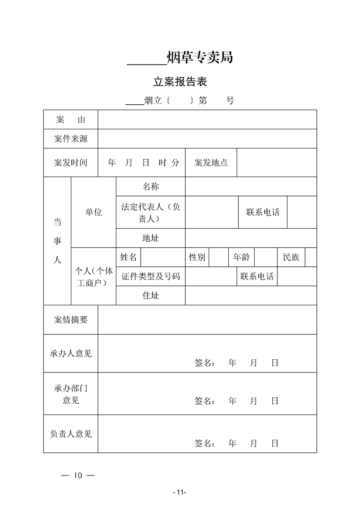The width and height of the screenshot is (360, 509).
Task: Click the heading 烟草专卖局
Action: [200, 58]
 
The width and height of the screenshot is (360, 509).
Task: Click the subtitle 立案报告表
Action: [180, 82]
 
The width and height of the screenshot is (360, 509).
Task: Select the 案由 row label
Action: [70, 120]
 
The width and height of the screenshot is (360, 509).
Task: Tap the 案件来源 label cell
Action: [70, 139]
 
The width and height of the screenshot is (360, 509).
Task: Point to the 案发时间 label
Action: [70, 162]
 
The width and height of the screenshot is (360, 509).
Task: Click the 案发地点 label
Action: [211, 162]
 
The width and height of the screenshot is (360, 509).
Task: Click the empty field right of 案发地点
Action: [276, 162]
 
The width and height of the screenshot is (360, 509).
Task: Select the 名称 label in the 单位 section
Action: [151, 186]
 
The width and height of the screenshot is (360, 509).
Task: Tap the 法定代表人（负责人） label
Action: [151, 212]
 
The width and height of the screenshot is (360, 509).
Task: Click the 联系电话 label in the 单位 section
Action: [263, 212]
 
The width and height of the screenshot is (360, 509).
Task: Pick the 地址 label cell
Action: [151, 238]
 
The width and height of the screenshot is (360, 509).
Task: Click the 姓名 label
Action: [128, 257]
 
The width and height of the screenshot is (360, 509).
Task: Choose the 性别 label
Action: [197, 257]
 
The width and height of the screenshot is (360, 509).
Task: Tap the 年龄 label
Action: [242, 257]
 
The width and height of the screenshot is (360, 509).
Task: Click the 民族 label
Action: [291, 257]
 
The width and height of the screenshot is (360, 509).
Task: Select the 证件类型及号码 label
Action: [151, 276]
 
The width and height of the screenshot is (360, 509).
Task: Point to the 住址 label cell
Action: [151, 295]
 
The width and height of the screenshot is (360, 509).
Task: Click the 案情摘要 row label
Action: [70, 319]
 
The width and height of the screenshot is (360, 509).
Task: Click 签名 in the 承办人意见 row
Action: [204, 363]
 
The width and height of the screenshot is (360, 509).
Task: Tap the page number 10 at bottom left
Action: [77, 475]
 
